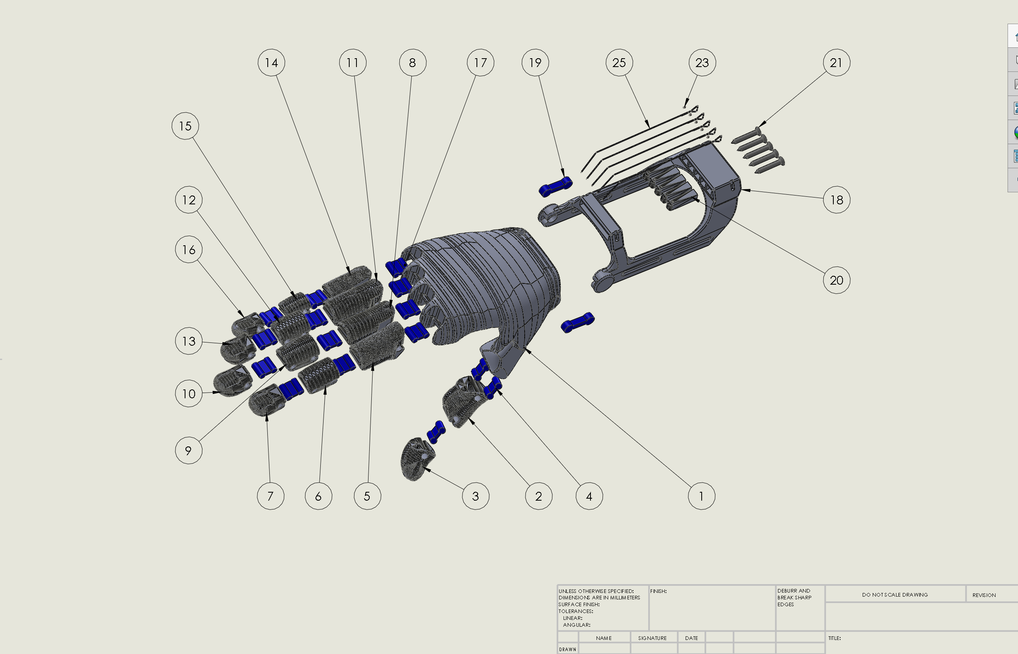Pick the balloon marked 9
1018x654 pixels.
(189, 450)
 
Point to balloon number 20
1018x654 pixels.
(836, 280)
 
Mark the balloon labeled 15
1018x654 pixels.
(185, 126)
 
